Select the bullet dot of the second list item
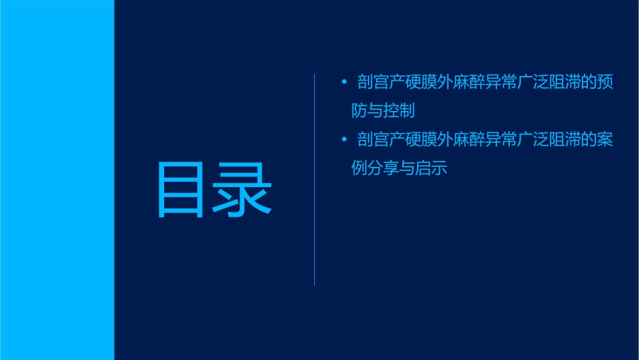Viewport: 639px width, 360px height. tap(344, 140)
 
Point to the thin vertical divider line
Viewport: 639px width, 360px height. tap(315, 179)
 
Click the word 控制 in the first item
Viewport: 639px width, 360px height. tap(406, 110)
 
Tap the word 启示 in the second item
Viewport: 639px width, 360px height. tap(438, 168)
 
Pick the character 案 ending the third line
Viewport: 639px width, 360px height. tap(605, 140)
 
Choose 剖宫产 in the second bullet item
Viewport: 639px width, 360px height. tap(380, 140)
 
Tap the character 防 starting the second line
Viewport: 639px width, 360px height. tap(359, 110)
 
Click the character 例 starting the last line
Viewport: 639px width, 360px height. tap(359, 168)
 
